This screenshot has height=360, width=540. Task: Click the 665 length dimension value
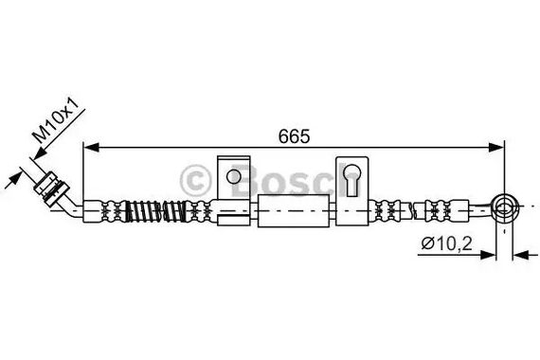pyautogui.click(x=294, y=136)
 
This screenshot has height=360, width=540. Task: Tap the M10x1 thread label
pyautogui.click(x=56, y=120)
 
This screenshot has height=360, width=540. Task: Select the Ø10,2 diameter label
pyautogui.click(x=447, y=243)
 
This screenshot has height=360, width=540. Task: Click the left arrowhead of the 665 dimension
pyautogui.click(x=91, y=147)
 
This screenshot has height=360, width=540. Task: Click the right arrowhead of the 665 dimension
pyautogui.click(x=496, y=147)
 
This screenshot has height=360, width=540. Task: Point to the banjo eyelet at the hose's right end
pyautogui.click(x=505, y=208)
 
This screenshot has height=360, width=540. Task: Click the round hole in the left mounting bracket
pyautogui.click(x=233, y=177)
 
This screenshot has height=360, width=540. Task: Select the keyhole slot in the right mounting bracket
pyautogui.click(x=352, y=179)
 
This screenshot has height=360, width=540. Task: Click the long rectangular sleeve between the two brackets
pyautogui.click(x=294, y=210)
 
